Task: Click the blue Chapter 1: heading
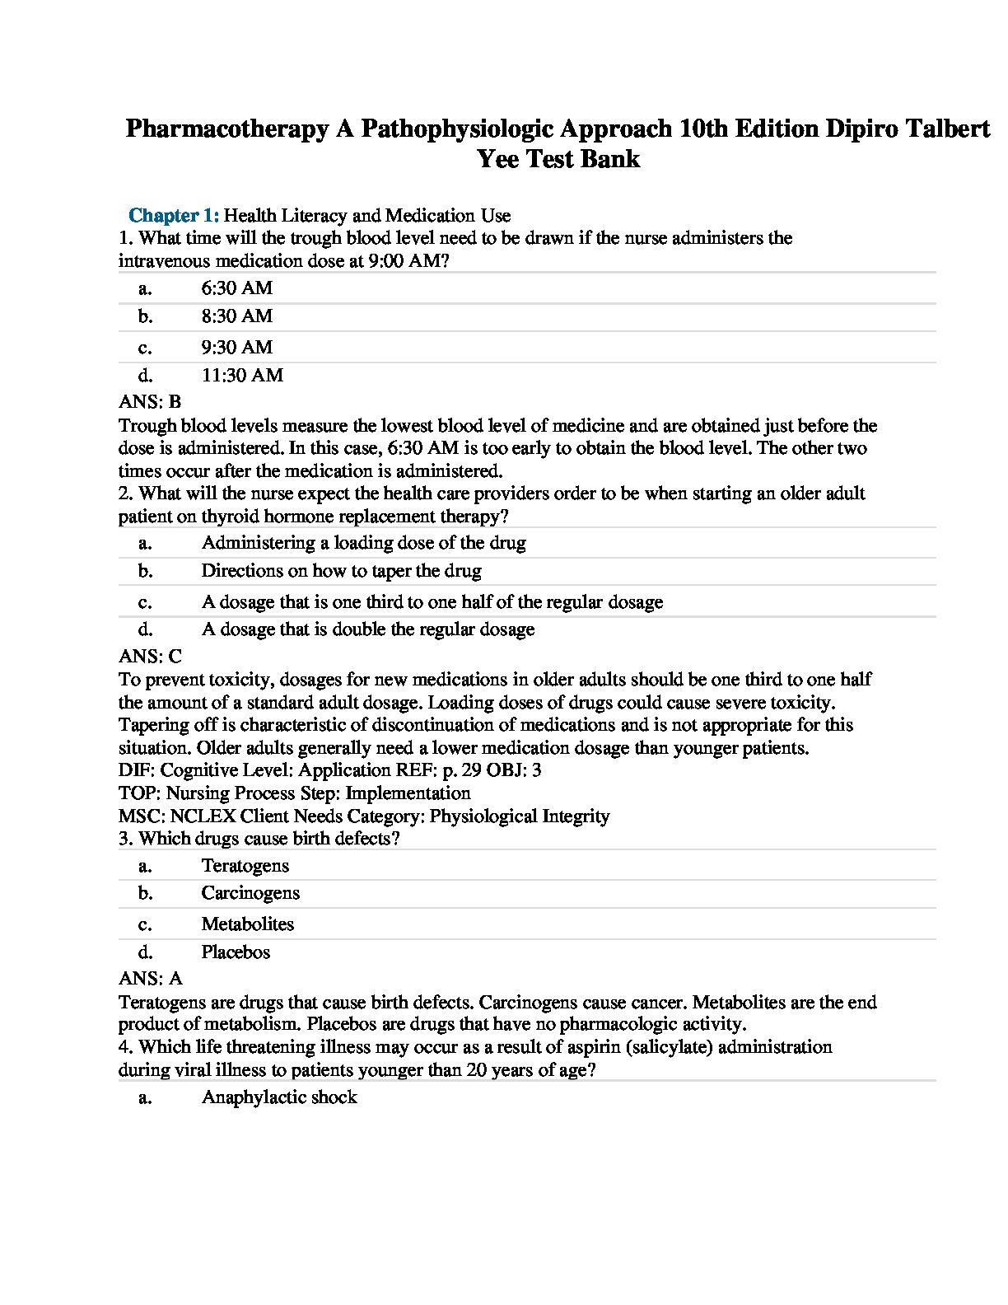click(x=174, y=216)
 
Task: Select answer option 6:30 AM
click(x=236, y=288)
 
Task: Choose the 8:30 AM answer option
click(x=236, y=316)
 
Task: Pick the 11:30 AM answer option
click(x=242, y=376)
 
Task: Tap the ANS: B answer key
click(x=150, y=402)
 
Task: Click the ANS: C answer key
click(x=150, y=657)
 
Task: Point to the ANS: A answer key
click(x=150, y=979)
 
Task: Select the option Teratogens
click(x=245, y=866)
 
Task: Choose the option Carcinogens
click(x=250, y=893)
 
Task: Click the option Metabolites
click(x=247, y=924)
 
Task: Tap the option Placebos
click(x=236, y=952)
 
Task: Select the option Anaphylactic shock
click(x=279, y=1097)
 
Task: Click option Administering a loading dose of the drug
click(x=363, y=543)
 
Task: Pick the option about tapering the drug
click(x=341, y=571)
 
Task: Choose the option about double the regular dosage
click(x=367, y=629)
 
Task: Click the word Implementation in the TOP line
click(x=408, y=793)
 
